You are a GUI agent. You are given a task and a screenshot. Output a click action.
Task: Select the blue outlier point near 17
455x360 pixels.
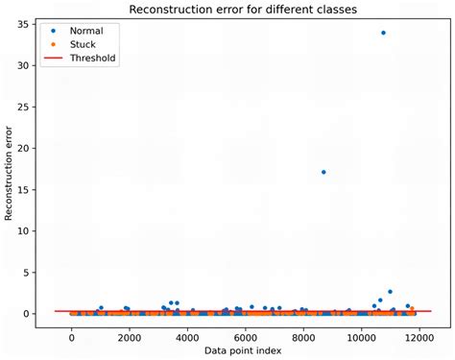coord(323,172)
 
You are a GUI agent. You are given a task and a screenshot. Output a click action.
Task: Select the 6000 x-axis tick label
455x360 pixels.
coord(245,337)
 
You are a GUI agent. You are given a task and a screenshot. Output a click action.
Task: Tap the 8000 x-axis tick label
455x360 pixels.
coord(303,337)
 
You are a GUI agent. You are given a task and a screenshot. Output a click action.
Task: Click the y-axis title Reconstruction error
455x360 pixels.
coord(10,174)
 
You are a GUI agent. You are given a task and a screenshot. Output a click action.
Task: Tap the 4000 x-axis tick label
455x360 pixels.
coord(187,337)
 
